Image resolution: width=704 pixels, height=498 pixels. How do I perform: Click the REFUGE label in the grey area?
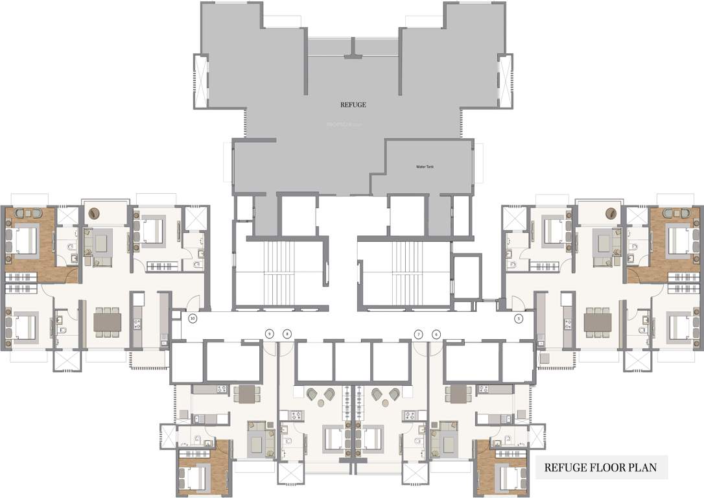coord(354,104)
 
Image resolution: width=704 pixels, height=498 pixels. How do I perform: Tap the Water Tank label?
coord(425,167)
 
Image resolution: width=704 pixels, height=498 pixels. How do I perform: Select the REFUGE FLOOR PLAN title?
coord(600,467)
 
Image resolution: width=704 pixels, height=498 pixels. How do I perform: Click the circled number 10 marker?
coord(192,318)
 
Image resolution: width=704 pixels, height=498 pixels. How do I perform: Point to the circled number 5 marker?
coord(518,318)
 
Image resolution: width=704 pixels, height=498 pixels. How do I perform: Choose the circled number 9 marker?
coord(270,334)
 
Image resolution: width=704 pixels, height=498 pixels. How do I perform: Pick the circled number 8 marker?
coord(287,334)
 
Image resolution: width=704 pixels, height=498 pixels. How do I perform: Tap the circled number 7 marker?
coord(419,334)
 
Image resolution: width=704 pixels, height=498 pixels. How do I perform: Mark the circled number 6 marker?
coord(436,334)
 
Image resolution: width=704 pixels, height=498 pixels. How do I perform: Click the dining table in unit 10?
coord(108,322)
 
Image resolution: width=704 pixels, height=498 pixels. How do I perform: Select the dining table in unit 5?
coord(597,322)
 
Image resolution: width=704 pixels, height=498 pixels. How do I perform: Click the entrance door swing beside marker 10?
coord(193,302)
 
